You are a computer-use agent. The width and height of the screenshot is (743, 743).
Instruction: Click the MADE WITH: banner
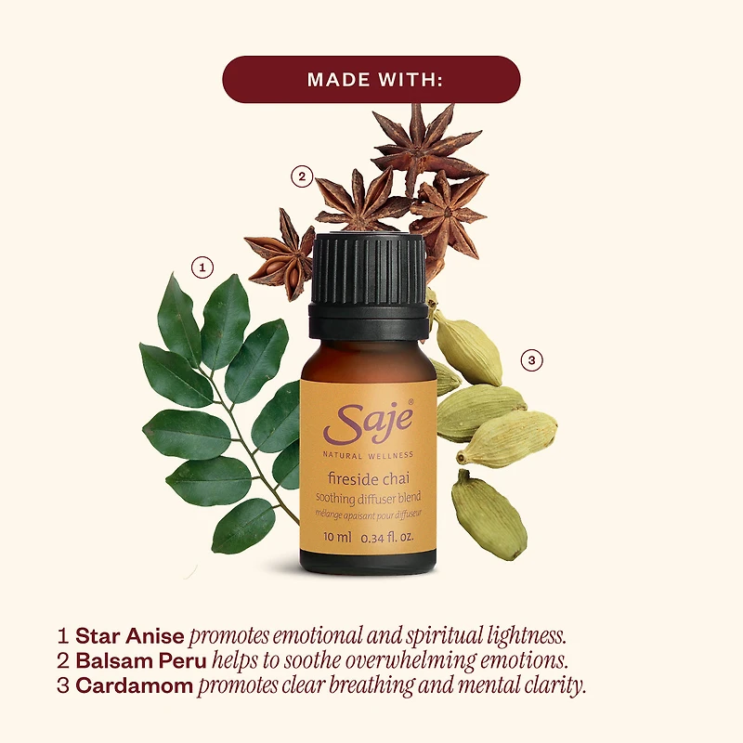pyautogui.click(x=371, y=79)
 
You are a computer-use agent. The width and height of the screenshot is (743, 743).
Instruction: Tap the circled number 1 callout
pyautogui.click(x=202, y=267)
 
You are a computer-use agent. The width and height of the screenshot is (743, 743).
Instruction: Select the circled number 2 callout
pyautogui.click(x=302, y=177)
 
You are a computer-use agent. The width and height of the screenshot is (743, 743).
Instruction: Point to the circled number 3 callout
pyautogui.click(x=531, y=360)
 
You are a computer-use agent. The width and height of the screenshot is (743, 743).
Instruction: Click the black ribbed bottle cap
pyautogui.click(x=369, y=286)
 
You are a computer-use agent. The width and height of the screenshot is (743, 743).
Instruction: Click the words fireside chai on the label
pyautogui.click(x=368, y=478)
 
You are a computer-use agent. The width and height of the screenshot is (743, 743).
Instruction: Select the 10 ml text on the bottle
pyautogui.click(x=337, y=537)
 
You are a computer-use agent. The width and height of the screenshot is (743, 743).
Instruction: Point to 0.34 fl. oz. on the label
pyautogui.click(x=387, y=538)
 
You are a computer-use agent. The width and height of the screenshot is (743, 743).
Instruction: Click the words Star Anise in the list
pyautogui.click(x=130, y=636)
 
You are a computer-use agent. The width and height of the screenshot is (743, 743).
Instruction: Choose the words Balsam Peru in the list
pyautogui.click(x=141, y=660)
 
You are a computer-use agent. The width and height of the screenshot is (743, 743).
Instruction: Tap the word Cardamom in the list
pyautogui.click(x=134, y=685)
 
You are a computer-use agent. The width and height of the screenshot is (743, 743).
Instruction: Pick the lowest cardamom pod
pyautogui.click(x=489, y=515)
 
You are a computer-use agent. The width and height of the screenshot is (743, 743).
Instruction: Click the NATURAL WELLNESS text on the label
pyautogui.click(x=368, y=455)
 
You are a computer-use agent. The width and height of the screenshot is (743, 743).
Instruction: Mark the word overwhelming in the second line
pyautogui.click(x=410, y=660)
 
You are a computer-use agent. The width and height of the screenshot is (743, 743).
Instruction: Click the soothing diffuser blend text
pyautogui.click(x=368, y=498)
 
